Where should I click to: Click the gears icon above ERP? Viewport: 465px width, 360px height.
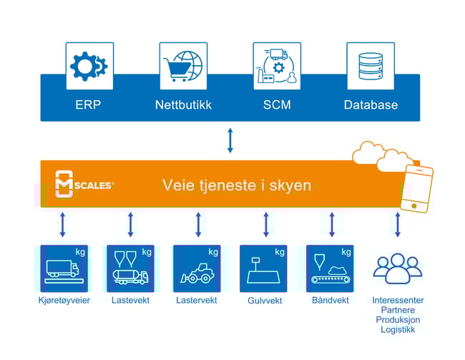point(89,66)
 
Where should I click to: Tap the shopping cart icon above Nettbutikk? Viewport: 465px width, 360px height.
point(182,66)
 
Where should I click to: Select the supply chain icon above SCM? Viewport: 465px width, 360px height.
point(277,66)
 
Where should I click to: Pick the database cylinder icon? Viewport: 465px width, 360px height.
point(371,66)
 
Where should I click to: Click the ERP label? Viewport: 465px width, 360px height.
point(89,105)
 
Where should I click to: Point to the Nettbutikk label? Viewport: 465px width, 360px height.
point(182,105)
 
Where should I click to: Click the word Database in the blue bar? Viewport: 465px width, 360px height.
point(371,105)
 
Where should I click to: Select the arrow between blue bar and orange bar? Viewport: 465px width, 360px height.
point(230,140)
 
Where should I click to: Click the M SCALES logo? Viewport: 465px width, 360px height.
point(84,185)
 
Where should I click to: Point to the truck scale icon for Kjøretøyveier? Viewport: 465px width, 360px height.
point(64,268)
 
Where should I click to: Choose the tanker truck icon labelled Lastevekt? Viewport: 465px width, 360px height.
point(130,268)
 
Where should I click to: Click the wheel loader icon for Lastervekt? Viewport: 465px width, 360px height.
point(197,268)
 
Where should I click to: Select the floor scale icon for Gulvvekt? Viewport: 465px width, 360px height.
point(263,268)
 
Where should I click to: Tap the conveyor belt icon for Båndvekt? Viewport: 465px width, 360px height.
point(330,268)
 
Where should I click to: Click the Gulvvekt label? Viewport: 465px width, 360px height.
point(264,301)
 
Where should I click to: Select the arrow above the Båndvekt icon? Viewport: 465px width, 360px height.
point(331,224)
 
